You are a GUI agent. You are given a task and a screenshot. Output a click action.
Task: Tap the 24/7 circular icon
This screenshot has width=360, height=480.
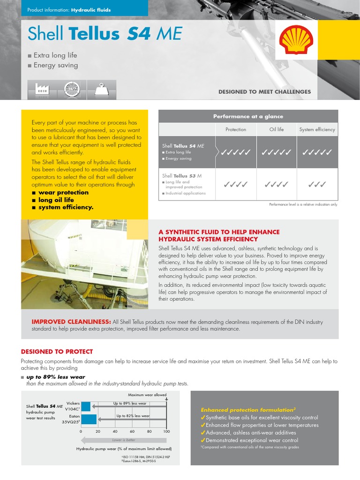72,89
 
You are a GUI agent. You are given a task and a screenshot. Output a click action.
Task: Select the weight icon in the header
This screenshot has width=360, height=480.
102,89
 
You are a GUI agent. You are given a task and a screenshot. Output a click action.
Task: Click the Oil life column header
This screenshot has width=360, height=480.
277,129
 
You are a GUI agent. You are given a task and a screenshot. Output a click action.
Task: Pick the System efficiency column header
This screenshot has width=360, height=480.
317,129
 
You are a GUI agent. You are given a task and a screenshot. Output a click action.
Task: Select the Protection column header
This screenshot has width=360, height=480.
236,129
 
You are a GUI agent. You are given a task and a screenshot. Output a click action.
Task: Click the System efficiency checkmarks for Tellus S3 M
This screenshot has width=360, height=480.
317,185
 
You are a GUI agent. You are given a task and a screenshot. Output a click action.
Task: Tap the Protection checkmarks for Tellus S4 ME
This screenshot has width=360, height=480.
236,152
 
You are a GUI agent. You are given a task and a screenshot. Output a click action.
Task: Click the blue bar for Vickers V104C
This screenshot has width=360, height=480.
86,406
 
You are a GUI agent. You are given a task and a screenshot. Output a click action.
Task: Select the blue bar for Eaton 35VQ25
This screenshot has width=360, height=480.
89,419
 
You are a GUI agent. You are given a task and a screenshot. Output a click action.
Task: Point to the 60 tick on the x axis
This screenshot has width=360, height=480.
132,431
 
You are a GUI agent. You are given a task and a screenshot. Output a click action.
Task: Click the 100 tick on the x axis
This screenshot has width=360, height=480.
166,431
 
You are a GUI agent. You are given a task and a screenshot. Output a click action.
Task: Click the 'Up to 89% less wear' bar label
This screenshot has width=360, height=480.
130,403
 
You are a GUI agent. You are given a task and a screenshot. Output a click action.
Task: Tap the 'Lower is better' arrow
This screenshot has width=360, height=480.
124,440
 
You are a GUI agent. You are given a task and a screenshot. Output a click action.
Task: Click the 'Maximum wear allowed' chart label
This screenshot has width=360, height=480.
147,395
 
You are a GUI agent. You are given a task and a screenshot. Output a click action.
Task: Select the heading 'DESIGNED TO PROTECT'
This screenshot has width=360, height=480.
57,352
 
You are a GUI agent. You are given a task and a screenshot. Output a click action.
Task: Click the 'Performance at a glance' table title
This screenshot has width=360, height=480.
248,116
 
